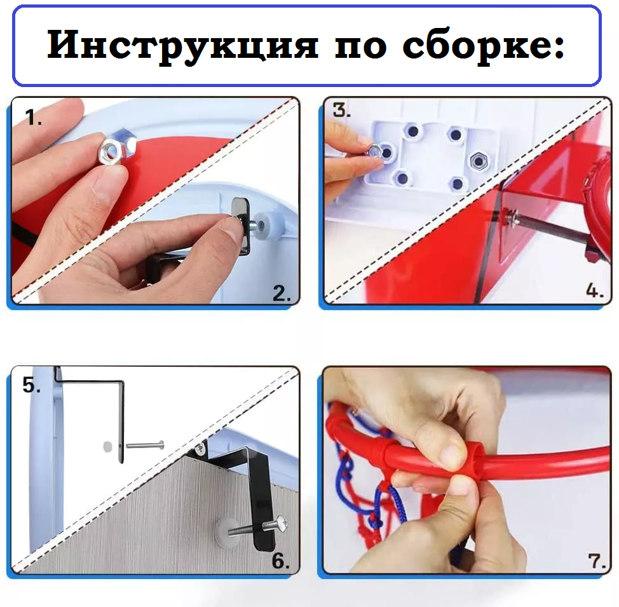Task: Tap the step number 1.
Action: click(34, 117)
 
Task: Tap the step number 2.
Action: click(282, 293)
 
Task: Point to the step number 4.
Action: click(595, 292)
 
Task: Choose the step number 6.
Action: click(281, 561)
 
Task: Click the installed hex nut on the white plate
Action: click(477, 160)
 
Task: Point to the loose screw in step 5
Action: click(144, 445)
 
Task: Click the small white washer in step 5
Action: click(105, 446)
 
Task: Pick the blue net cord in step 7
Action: click(346, 474)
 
